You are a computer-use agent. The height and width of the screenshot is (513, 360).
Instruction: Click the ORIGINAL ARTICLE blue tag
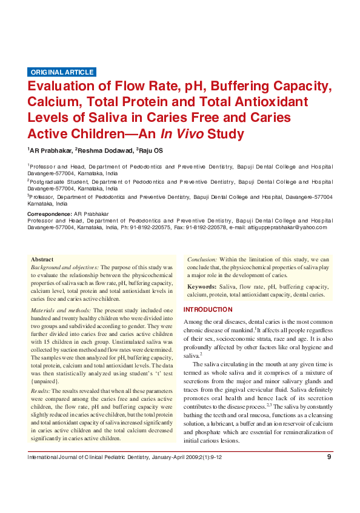pyautogui.click(x=62, y=72)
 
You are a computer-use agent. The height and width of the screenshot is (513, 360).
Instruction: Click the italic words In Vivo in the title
pyautogui.click(x=182, y=134)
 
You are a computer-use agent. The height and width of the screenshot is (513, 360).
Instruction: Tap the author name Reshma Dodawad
pyautogui.click(x=104, y=150)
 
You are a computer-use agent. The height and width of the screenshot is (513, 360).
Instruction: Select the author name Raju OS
pyautogui.click(x=150, y=150)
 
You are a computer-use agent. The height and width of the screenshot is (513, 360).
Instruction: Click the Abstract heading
pyautogui.click(x=42, y=259)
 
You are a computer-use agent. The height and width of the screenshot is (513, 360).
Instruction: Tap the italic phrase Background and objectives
pyautogui.click(x=65, y=267)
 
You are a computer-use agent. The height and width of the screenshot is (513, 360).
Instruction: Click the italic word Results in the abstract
pyautogui.click(x=40, y=391)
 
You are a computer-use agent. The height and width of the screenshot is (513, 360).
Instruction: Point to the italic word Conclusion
pyautogui.click(x=202, y=259)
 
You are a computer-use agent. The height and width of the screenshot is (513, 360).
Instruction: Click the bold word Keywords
pyautogui.click(x=202, y=286)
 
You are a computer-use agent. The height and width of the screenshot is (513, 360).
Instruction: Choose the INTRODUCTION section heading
pyautogui.click(x=208, y=309)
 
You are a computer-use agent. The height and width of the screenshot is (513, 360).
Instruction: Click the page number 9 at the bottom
pyautogui.click(x=329, y=474)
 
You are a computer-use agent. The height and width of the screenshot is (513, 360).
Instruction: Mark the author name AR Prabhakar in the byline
pyautogui.click(x=50, y=150)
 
